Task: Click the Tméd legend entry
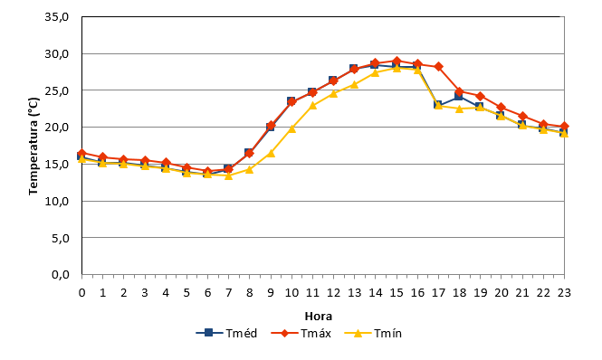pos(226,333)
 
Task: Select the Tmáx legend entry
pos(301,333)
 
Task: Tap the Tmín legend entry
pos(373,333)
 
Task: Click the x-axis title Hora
pos(319,317)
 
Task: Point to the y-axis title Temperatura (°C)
pos(33,146)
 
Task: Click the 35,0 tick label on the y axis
pos(57,17)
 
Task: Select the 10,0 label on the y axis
pos(57,201)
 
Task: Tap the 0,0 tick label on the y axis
pos(61,275)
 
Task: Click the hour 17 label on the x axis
pos(438,293)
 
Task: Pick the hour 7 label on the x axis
pos(228,293)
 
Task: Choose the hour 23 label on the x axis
pos(564,293)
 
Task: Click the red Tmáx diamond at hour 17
pos(438,67)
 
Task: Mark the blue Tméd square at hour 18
pos(458,96)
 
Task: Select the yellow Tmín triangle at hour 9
pos(271,153)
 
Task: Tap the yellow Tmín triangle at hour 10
pos(291,128)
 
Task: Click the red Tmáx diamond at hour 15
pos(397,61)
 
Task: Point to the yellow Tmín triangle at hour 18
pos(460,109)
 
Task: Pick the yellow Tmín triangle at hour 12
pos(334,93)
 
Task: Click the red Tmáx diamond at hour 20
pos(502,107)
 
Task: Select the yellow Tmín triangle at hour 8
pos(250,169)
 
